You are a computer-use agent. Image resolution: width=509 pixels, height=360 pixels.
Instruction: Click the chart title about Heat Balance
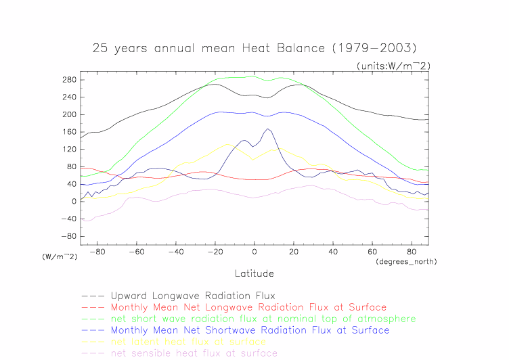pos(254,48)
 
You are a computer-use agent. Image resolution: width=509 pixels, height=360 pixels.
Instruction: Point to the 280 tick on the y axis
pos(68,80)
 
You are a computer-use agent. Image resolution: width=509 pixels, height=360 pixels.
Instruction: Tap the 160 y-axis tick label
pos(68,132)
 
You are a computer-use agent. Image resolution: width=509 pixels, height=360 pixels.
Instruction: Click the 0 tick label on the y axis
pos(72,201)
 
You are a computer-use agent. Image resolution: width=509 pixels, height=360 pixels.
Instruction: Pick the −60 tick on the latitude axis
pos(136,252)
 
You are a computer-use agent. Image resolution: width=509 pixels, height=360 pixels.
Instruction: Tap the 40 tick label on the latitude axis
pos(333,252)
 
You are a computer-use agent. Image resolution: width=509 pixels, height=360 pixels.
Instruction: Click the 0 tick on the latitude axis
pos(255,252)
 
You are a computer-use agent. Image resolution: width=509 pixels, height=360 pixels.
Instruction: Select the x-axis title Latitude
pos(254,274)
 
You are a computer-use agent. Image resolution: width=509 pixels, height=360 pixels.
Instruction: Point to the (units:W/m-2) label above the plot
pos(393,66)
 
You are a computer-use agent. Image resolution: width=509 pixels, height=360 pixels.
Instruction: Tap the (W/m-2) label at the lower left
pos(60,256)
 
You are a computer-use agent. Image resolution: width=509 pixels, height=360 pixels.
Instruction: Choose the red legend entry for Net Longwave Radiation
pos(248,307)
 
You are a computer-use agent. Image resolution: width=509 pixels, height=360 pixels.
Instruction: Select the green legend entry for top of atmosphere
pos(263,319)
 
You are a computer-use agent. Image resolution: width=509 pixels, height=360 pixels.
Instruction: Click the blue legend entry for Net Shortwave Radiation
pos(250,330)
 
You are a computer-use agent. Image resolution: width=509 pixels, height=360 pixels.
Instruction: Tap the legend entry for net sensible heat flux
pos(194,353)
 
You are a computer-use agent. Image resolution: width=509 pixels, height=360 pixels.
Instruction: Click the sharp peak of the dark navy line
pos(269,129)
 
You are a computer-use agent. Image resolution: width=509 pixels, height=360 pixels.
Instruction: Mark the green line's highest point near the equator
pos(253,76)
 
